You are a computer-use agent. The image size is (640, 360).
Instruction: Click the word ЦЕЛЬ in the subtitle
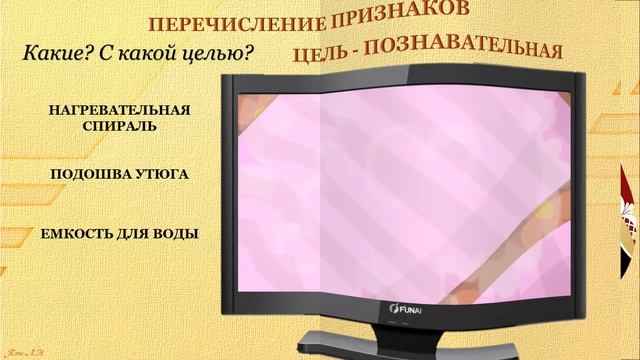(331, 51)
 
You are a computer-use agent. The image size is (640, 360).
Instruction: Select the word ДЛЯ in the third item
(135, 234)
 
